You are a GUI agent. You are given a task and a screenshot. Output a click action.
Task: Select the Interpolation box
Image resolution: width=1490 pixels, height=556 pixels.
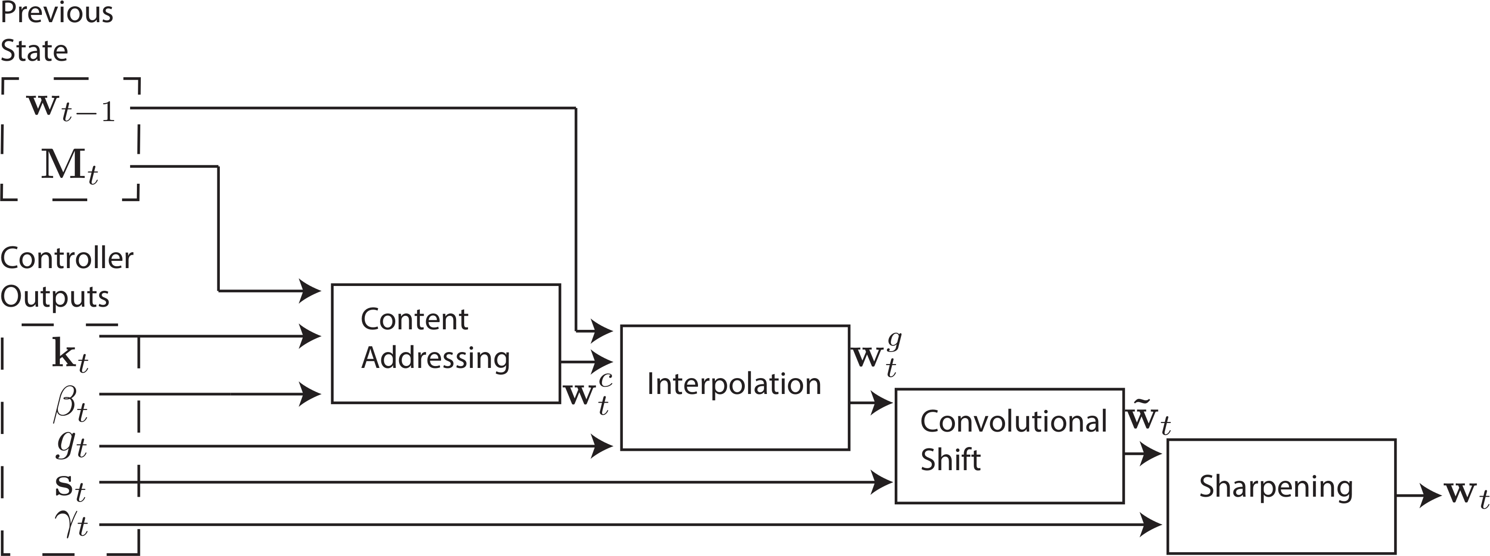tap(735, 387)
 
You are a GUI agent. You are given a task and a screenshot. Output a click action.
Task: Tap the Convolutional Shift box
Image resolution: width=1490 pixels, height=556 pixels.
tap(1009, 446)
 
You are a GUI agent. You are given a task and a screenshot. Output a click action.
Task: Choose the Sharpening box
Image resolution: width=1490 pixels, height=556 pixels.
tap(1281, 496)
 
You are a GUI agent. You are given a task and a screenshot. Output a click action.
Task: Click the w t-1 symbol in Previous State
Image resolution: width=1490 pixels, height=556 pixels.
tap(70, 108)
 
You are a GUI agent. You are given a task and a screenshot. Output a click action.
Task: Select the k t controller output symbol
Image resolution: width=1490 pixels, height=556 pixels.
tap(70, 354)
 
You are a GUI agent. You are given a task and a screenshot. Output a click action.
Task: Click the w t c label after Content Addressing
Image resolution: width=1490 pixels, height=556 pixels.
tap(588, 395)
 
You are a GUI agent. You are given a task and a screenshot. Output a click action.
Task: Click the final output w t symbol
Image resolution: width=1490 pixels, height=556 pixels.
tap(1466, 495)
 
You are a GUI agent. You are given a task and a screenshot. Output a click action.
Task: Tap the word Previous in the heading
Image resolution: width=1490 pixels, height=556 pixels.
tap(57, 13)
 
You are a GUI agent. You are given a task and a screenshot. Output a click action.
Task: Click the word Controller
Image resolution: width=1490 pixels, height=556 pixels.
tap(67, 258)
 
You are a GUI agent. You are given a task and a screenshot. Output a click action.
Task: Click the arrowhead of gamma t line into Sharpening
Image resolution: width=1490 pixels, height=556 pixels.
tap(1151, 525)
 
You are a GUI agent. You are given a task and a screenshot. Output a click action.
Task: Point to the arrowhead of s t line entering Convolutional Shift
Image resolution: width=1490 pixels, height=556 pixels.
tap(882, 482)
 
